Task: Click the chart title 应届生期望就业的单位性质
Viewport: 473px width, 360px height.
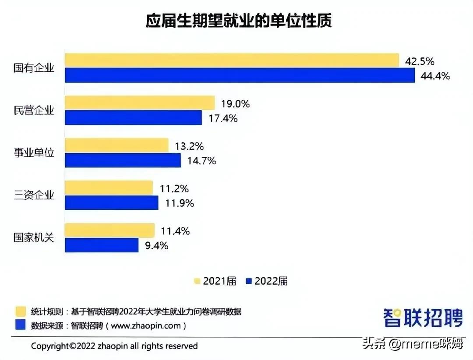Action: (x=239, y=21)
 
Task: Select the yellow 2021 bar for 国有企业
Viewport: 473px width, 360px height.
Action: (x=232, y=60)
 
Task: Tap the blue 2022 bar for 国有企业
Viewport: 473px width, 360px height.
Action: (x=240, y=75)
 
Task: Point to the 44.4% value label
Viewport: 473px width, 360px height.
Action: (x=435, y=76)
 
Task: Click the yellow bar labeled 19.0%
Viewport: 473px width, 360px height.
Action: (x=140, y=103)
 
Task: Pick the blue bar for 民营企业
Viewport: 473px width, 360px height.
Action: (x=133, y=118)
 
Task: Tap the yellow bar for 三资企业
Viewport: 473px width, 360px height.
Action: (x=109, y=188)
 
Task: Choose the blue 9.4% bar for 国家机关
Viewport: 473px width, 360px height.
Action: (x=102, y=245)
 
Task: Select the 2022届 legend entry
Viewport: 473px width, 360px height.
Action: (x=267, y=281)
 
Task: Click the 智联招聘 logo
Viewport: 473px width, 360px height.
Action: (x=423, y=317)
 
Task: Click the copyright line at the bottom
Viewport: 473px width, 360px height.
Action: (x=114, y=346)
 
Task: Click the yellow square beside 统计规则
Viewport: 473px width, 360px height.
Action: (x=21, y=311)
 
